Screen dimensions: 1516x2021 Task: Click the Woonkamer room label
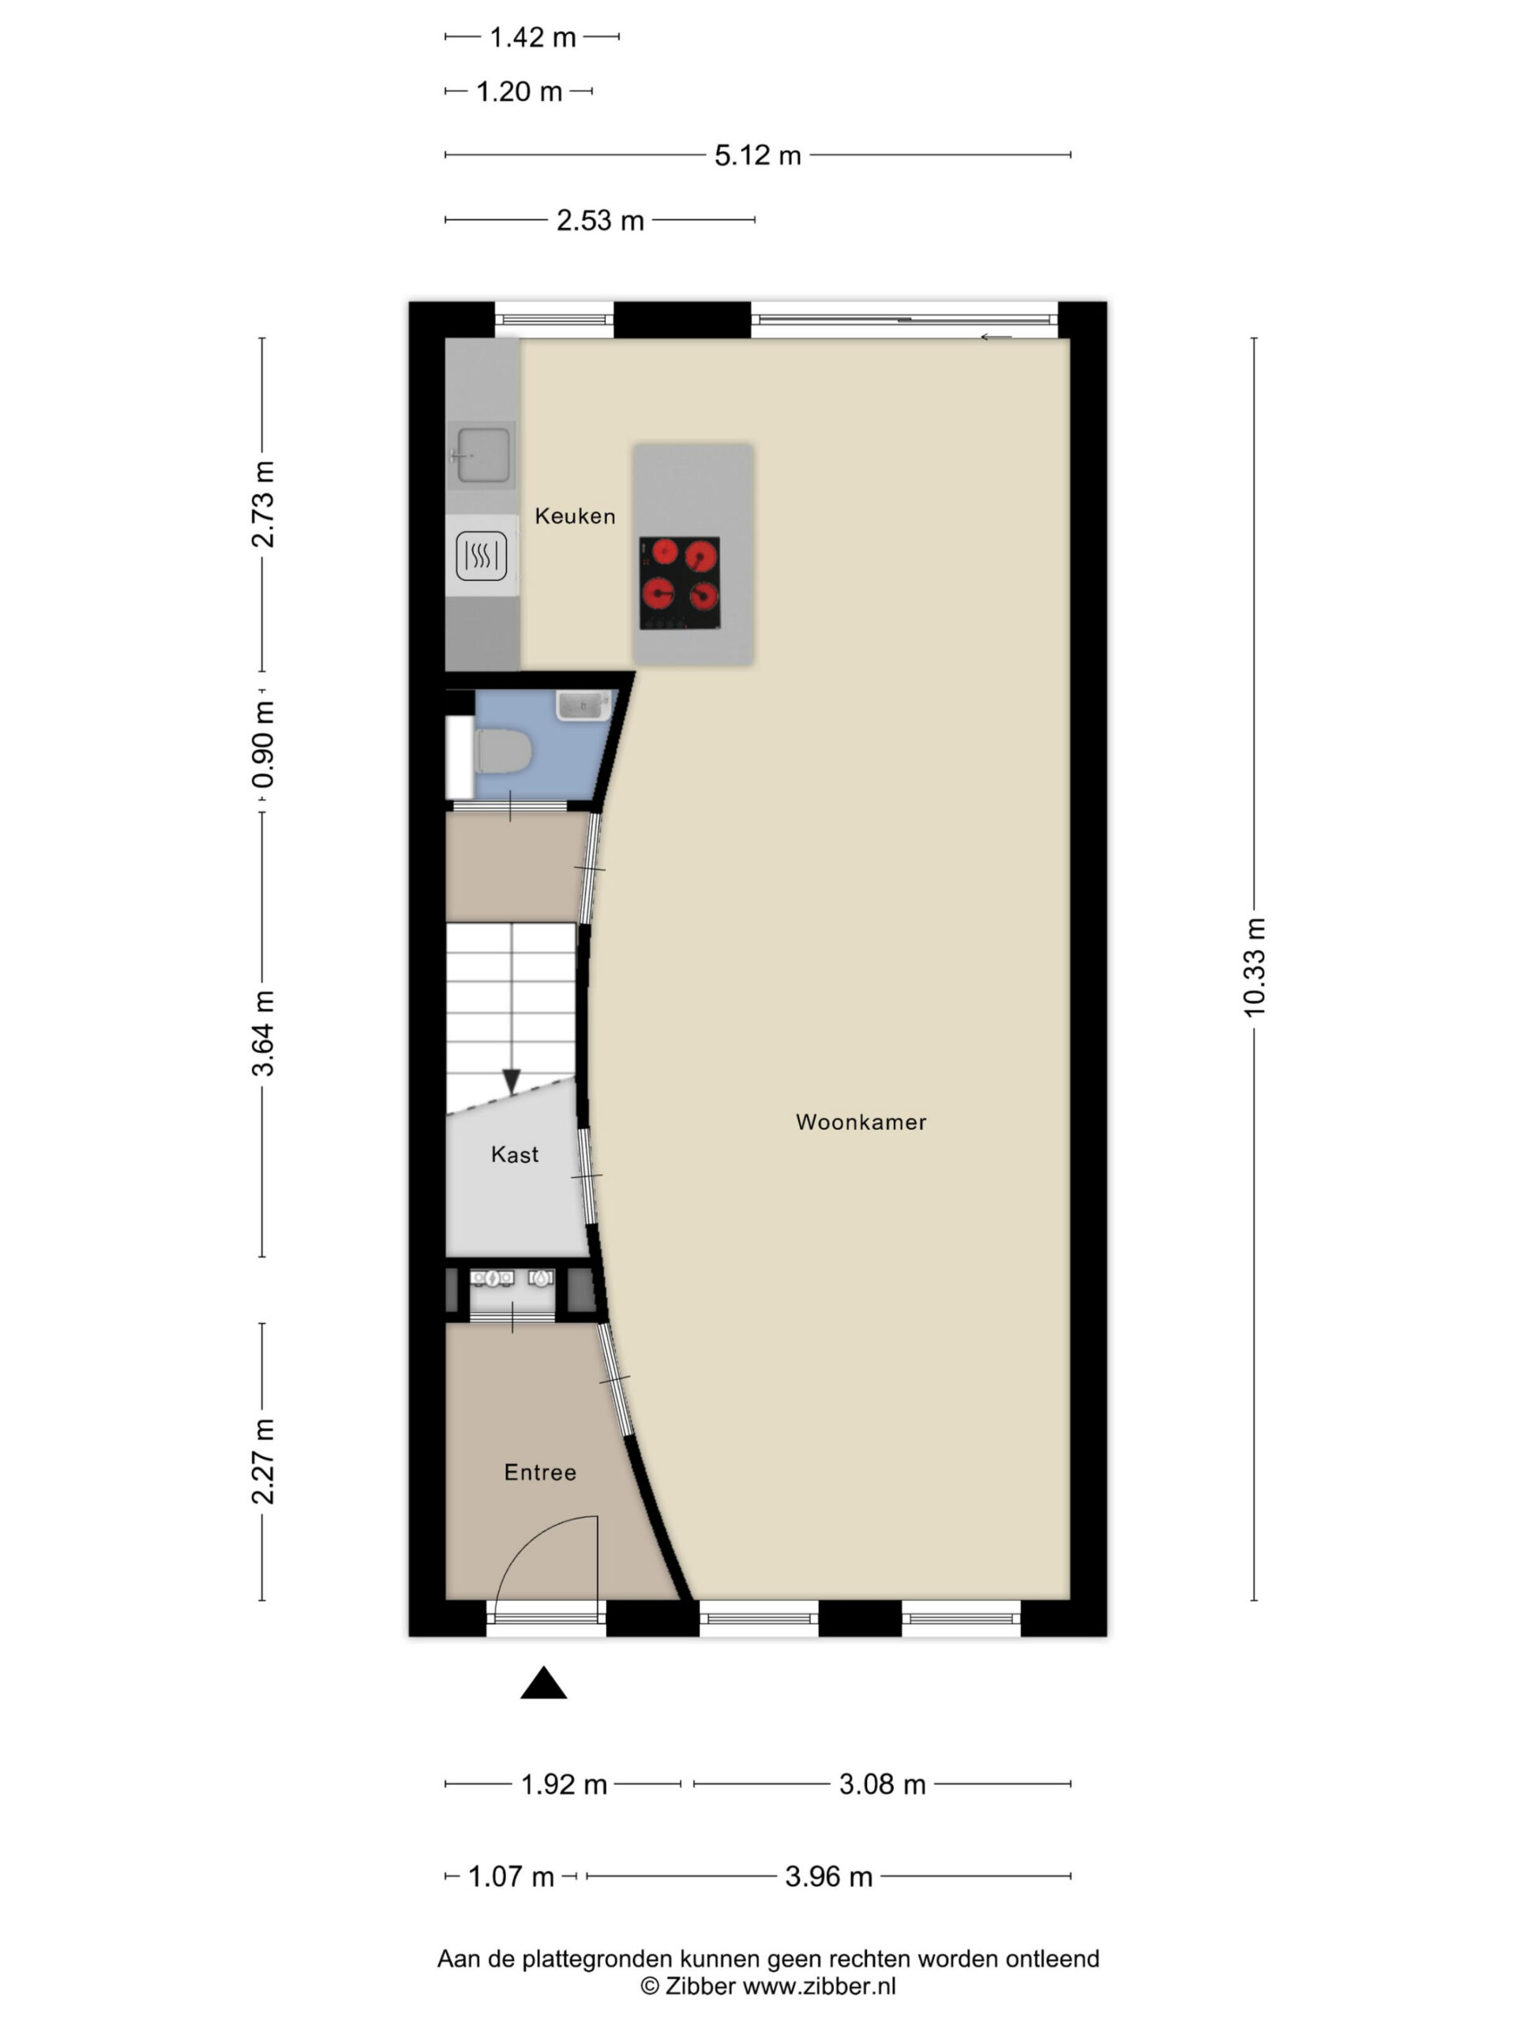point(861,1122)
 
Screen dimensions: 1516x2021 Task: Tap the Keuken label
point(575,516)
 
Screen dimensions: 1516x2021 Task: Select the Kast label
point(515,1155)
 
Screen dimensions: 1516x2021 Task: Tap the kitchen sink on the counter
point(482,455)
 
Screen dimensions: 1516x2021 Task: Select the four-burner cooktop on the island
point(679,582)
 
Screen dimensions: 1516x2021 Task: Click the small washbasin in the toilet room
point(584,705)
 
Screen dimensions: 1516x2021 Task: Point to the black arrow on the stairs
point(512,1081)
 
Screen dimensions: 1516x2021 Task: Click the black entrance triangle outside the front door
point(544,1683)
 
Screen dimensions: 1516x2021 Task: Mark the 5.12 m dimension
point(757,156)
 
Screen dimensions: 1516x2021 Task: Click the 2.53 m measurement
point(600,220)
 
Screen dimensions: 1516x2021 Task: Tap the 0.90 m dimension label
point(262,744)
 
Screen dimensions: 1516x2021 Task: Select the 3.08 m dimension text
point(882,1783)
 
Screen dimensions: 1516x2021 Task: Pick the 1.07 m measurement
point(511,1877)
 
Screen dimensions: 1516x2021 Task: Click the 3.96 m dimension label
point(829,1877)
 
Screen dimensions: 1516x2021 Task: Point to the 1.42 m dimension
point(533,37)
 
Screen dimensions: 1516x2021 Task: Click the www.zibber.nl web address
point(819,1985)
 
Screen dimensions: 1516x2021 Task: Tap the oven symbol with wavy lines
point(482,556)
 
